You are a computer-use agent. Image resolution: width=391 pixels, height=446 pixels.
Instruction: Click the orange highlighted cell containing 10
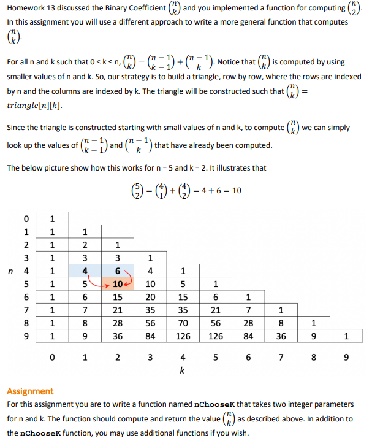click(x=117, y=284)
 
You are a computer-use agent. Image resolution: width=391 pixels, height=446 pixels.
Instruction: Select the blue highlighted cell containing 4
click(x=84, y=271)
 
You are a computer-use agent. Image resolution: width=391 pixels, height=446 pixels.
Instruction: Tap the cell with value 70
click(x=183, y=323)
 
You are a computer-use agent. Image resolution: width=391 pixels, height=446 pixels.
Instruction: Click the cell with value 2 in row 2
click(x=84, y=244)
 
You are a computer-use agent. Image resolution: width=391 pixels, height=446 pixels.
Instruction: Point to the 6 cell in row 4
click(x=117, y=271)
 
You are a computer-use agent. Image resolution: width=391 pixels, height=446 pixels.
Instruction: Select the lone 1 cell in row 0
click(x=52, y=218)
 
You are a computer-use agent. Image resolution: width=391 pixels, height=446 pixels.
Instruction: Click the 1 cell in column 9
click(x=346, y=336)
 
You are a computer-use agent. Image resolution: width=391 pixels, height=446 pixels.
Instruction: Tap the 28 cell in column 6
click(x=248, y=323)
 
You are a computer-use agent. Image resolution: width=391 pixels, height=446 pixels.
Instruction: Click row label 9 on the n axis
click(x=26, y=336)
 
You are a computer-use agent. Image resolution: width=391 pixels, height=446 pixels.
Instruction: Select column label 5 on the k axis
click(x=215, y=357)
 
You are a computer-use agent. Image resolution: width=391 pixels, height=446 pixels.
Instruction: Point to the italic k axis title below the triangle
click(x=182, y=371)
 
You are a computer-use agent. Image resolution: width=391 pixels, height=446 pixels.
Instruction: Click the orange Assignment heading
click(x=30, y=391)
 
